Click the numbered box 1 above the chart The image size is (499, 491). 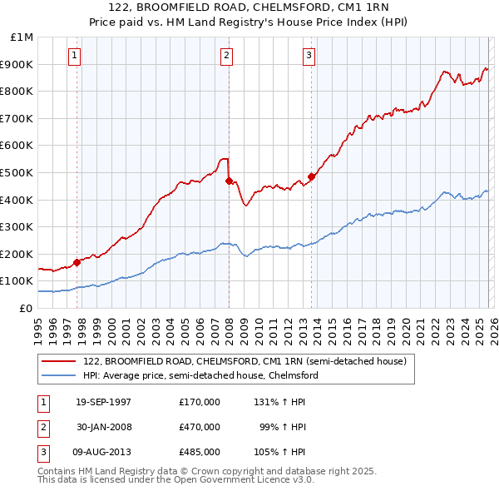75,56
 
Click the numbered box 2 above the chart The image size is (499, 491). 226,56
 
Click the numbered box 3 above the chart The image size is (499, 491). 309,56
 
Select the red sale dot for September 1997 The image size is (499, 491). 77,261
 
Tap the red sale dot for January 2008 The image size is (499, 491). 229,181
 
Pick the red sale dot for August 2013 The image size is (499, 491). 311,176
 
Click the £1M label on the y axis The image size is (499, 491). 22,37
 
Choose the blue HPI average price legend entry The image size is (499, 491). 200,375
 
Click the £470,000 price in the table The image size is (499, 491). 199,427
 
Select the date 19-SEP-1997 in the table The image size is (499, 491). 103,402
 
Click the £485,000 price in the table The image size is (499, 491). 199,452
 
